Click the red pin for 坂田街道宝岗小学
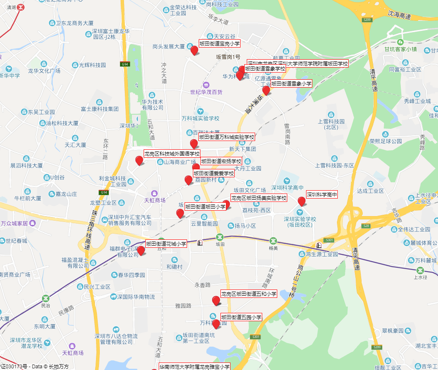tap(194, 50)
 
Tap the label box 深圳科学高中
tap(322, 194)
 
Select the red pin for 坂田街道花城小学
tap(141, 250)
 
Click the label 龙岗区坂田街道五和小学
tap(249, 294)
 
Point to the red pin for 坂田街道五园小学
tap(216, 324)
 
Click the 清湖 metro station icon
tap(20, 7)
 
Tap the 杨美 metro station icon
tap(273, 241)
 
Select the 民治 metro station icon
tap(46, 299)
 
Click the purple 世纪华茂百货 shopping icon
tap(205, 85)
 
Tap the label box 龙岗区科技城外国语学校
tap(172, 154)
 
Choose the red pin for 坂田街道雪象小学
tap(266, 90)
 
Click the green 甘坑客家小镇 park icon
tap(400, 42)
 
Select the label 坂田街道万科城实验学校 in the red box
tap(226, 137)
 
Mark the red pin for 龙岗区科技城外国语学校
tap(139, 160)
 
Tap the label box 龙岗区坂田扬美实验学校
tap(259, 198)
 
